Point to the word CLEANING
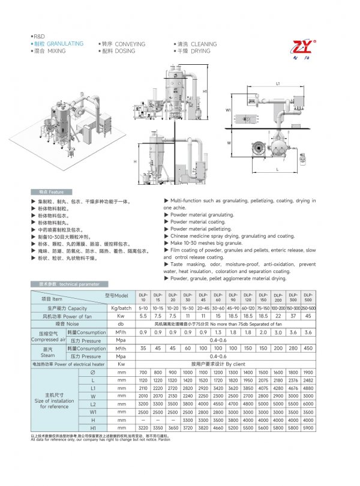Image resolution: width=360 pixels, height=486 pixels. click(x=204, y=44)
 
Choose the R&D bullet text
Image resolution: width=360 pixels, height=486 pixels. click(x=39, y=37)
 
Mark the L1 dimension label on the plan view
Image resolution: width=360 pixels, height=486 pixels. click(x=279, y=83)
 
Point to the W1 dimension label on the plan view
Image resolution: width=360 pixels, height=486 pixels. click(x=228, y=110)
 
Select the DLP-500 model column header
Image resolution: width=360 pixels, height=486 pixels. click(x=308, y=298)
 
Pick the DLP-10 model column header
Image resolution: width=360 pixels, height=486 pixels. click(x=143, y=298)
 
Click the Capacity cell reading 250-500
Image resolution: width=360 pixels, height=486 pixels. click(x=308, y=307)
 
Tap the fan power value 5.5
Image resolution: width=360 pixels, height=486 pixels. click(x=143, y=316)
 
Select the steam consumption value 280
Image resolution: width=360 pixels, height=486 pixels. click(x=293, y=347)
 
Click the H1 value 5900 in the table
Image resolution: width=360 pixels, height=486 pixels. click(x=308, y=427)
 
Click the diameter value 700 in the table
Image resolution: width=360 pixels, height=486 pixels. click(x=143, y=372)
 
